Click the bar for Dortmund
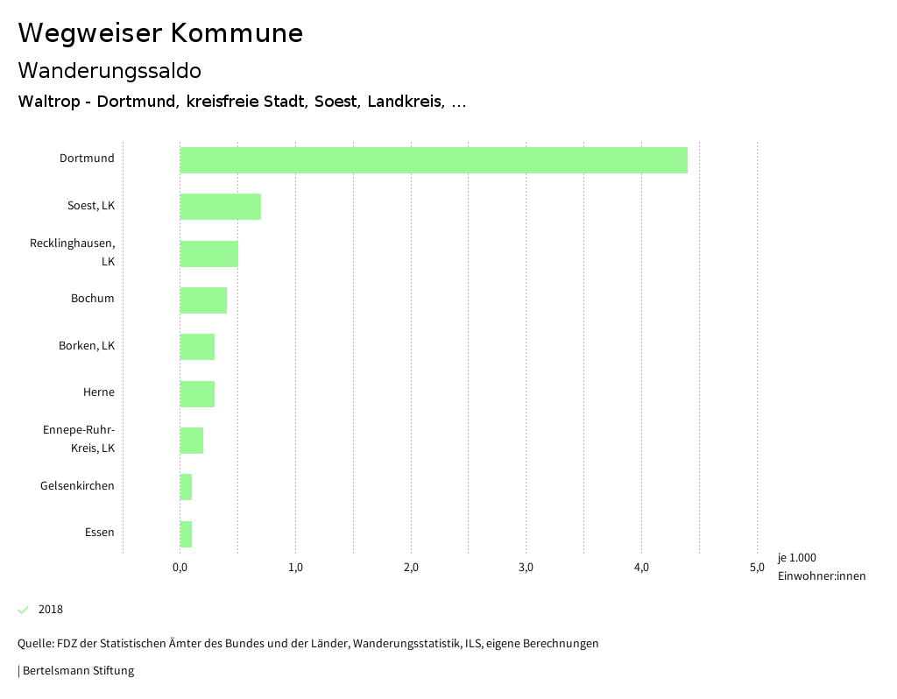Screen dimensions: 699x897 click(x=434, y=160)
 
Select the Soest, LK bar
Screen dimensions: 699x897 click(x=220, y=207)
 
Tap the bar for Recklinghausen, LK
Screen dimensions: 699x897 click(x=208, y=254)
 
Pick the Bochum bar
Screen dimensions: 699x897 click(x=203, y=300)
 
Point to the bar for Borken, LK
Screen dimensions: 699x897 click(x=197, y=347)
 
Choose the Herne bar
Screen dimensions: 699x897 click(x=197, y=394)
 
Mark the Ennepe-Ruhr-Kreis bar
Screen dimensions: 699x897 click(x=191, y=441)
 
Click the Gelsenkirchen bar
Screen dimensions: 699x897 click(x=186, y=487)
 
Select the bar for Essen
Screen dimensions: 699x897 click(x=186, y=534)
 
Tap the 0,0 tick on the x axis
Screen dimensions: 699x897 click(x=180, y=568)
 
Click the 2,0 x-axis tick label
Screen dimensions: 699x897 click(x=411, y=568)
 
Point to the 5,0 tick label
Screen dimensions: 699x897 click(x=757, y=568)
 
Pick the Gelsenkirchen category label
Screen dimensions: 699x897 click(x=77, y=486)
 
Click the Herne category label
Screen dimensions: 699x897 click(x=99, y=392)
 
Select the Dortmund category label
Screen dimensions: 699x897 click(x=87, y=159)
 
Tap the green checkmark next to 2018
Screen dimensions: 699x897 click(x=24, y=610)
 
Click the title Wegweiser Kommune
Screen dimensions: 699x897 click(x=160, y=33)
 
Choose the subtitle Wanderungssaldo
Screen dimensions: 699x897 click(x=109, y=70)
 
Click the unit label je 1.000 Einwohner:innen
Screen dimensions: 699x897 click(x=821, y=567)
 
